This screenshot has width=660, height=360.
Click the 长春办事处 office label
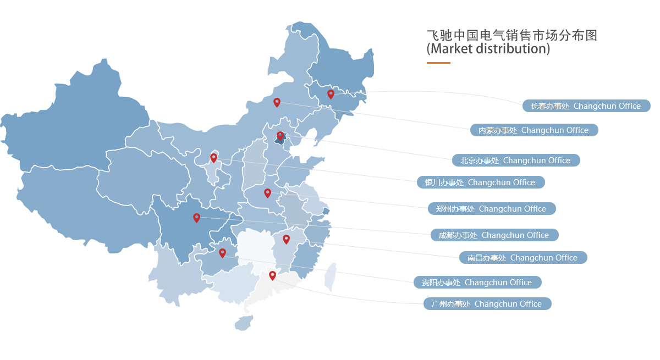point(586,106)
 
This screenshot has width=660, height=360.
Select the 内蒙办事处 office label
point(533,130)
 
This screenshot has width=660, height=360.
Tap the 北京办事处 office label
point(515,160)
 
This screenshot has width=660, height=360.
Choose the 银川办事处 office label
point(480,182)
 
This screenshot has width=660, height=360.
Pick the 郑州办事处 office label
point(491,209)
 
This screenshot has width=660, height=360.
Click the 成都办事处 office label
point(494,235)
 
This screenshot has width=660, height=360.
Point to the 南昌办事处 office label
point(522,258)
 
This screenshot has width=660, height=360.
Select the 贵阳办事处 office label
point(477,283)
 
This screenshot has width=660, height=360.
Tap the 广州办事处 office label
point(487,304)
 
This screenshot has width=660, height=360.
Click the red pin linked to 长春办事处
point(331,94)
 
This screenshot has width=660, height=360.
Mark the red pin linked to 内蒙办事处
point(277,102)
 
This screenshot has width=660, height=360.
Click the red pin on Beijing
point(280,136)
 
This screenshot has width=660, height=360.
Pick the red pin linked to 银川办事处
point(213,158)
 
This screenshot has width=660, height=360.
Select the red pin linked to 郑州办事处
point(267,193)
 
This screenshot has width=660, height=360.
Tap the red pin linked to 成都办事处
point(196,218)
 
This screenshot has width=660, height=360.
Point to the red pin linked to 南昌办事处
point(286,239)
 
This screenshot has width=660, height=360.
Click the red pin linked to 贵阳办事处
point(222,253)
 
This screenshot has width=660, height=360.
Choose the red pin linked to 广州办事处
point(272,275)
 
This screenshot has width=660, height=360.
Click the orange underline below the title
point(438,63)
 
